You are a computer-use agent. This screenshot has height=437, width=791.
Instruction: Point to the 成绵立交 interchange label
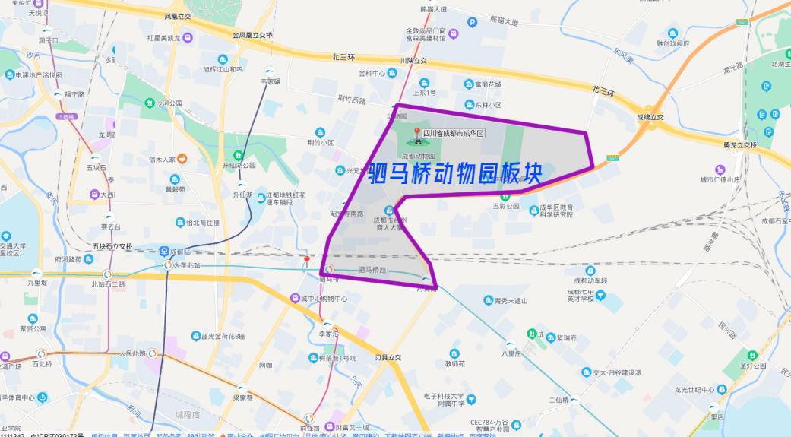click(x=650, y=117)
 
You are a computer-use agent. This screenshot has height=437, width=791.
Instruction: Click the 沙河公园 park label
click(x=169, y=103)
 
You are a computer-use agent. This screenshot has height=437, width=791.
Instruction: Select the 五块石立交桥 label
click(x=112, y=246)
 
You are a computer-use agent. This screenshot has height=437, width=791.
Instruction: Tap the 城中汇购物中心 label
click(x=324, y=299)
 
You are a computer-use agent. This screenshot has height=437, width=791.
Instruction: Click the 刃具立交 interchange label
click(x=393, y=357)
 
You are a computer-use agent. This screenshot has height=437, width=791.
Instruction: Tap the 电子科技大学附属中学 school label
click(x=454, y=400)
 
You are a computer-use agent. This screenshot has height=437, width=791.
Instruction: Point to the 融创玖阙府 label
click(x=673, y=43)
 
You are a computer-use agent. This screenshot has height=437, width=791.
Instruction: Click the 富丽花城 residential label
click(x=489, y=84)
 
